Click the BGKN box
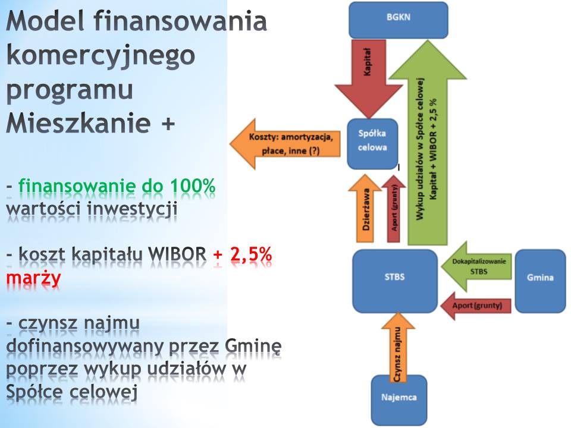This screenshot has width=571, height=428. click(x=399, y=20)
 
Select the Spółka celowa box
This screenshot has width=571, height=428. click(x=372, y=144)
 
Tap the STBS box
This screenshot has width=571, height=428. click(x=395, y=281)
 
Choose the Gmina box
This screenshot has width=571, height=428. click(x=541, y=281)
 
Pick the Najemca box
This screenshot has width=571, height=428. click(x=399, y=400)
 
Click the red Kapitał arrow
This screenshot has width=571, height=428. click(x=369, y=78)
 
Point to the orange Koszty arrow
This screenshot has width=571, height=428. click(x=285, y=144)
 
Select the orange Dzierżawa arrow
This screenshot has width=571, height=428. click(x=365, y=208)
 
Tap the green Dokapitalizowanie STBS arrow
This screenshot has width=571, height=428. click(x=476, y=266)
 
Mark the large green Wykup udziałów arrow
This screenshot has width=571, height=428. click(x=428, y=142)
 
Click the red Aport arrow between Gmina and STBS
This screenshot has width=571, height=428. click(x=476, y=306)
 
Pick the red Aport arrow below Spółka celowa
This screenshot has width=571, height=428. click(x=394, y=209)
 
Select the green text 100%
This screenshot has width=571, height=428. click(x=193, y=185)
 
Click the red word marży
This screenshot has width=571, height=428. click(x=33, y=278)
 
